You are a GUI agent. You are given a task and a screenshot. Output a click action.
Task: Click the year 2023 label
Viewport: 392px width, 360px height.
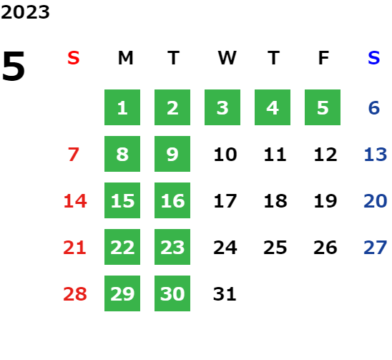(x=25, y=12)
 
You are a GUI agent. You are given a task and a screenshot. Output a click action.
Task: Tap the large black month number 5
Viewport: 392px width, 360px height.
(x=14, y=66)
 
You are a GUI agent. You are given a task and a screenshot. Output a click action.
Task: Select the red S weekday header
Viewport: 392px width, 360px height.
(x=74, y=58)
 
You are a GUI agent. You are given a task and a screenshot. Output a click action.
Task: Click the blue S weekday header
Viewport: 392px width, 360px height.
(x=374, y=58)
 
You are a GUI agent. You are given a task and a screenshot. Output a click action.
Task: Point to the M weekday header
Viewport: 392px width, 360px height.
(x=125, y=58)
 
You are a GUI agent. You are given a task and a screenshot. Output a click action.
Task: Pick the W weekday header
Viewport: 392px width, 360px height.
(x=227, y=58)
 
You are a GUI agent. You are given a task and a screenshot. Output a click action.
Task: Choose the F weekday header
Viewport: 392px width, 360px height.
(x=323, y=58)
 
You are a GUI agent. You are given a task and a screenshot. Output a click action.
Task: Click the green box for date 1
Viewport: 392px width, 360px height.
(x=122, y=107)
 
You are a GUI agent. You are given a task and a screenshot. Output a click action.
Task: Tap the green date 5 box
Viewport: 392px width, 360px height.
(x=323, y=107)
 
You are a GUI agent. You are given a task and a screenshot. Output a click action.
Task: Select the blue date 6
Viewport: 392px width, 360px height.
(x=374, y=108)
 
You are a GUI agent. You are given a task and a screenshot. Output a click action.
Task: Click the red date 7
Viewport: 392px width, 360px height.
(x=74, y=155)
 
